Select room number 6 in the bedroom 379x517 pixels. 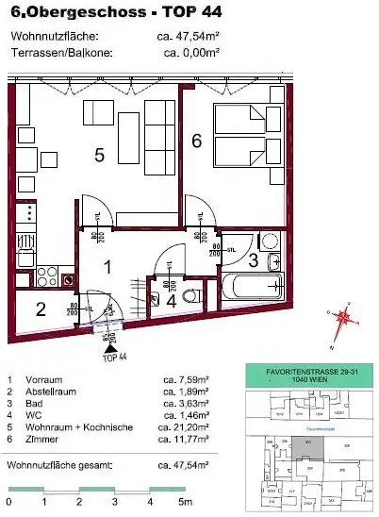tap(196, 141)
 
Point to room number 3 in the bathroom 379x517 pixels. tap(253, 259)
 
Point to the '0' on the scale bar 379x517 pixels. tap(9, 502)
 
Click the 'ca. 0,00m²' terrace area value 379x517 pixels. tap(190, 53)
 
